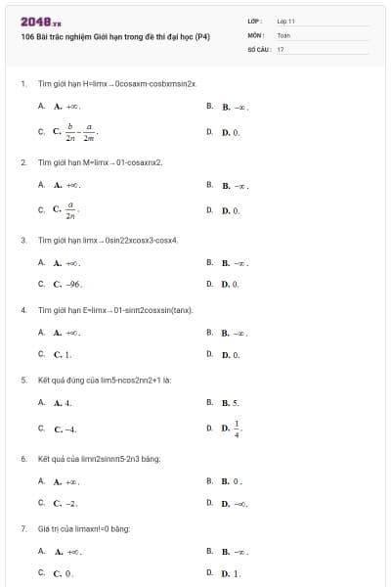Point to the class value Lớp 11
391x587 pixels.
(285, 21)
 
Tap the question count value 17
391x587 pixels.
(281, 48)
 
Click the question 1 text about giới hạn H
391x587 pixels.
(117, 84)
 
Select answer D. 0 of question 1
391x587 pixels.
(230, 131)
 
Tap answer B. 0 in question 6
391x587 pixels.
(231, 481)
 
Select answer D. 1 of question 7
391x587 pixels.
(231, 573)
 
